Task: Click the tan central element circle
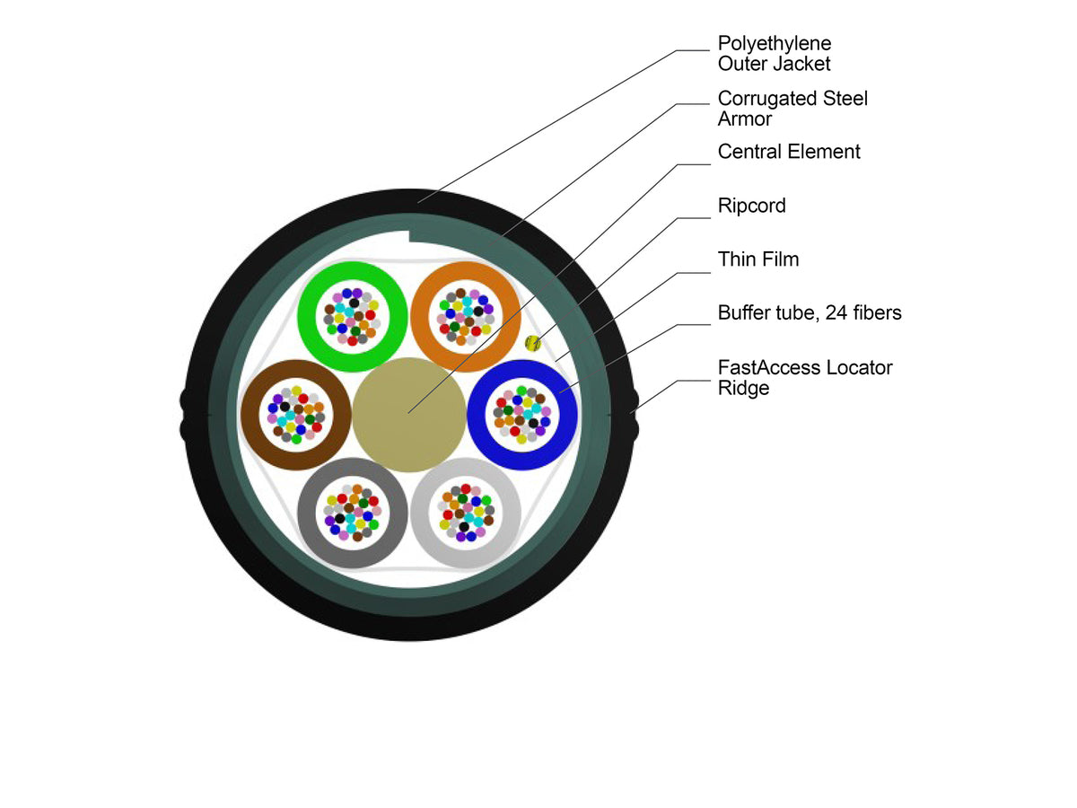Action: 408,415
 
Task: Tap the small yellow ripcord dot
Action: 533,343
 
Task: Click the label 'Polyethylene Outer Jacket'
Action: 775,54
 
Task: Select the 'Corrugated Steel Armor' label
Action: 792,109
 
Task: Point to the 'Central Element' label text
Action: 789,152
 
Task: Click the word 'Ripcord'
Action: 751,206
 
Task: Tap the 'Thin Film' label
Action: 758,259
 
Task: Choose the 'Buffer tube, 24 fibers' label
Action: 810,312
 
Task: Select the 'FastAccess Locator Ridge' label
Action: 805,377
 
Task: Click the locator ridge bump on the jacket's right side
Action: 634,415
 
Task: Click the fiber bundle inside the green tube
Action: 353,317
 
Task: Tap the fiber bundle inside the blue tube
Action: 522,415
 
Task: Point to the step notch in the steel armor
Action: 409,236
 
